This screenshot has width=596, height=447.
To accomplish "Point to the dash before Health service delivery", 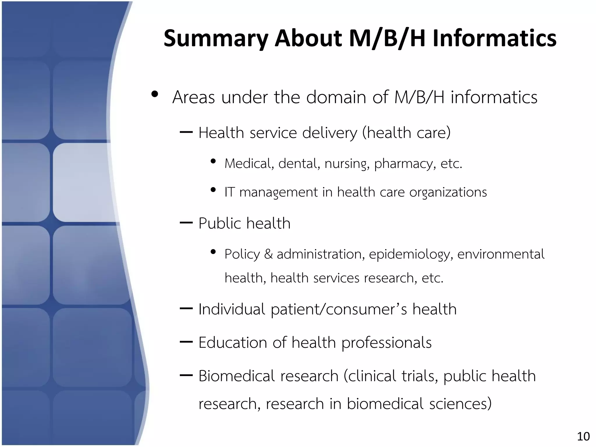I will click(x=186, y=133).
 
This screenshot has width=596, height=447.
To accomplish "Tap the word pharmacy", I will click(x=405, y=164).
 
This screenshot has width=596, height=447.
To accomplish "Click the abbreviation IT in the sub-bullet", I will click(x=229, y=192).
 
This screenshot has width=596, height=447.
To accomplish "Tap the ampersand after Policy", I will click(x=268, y=254).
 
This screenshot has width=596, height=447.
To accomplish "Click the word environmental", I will click(x=501, y=254).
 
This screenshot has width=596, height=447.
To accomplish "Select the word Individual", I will click(x=231, y=309).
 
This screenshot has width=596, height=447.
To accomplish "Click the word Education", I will click(x=232, y=343).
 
